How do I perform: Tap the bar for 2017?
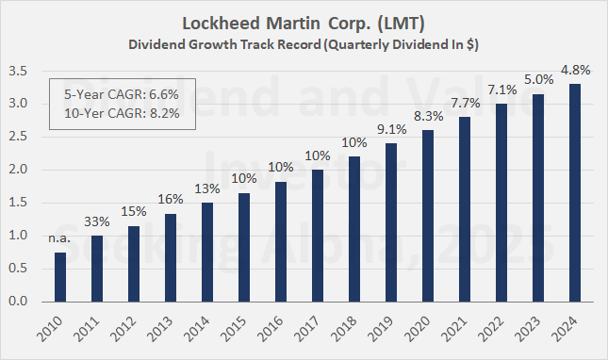pyautogui.click(x=318, y=236)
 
